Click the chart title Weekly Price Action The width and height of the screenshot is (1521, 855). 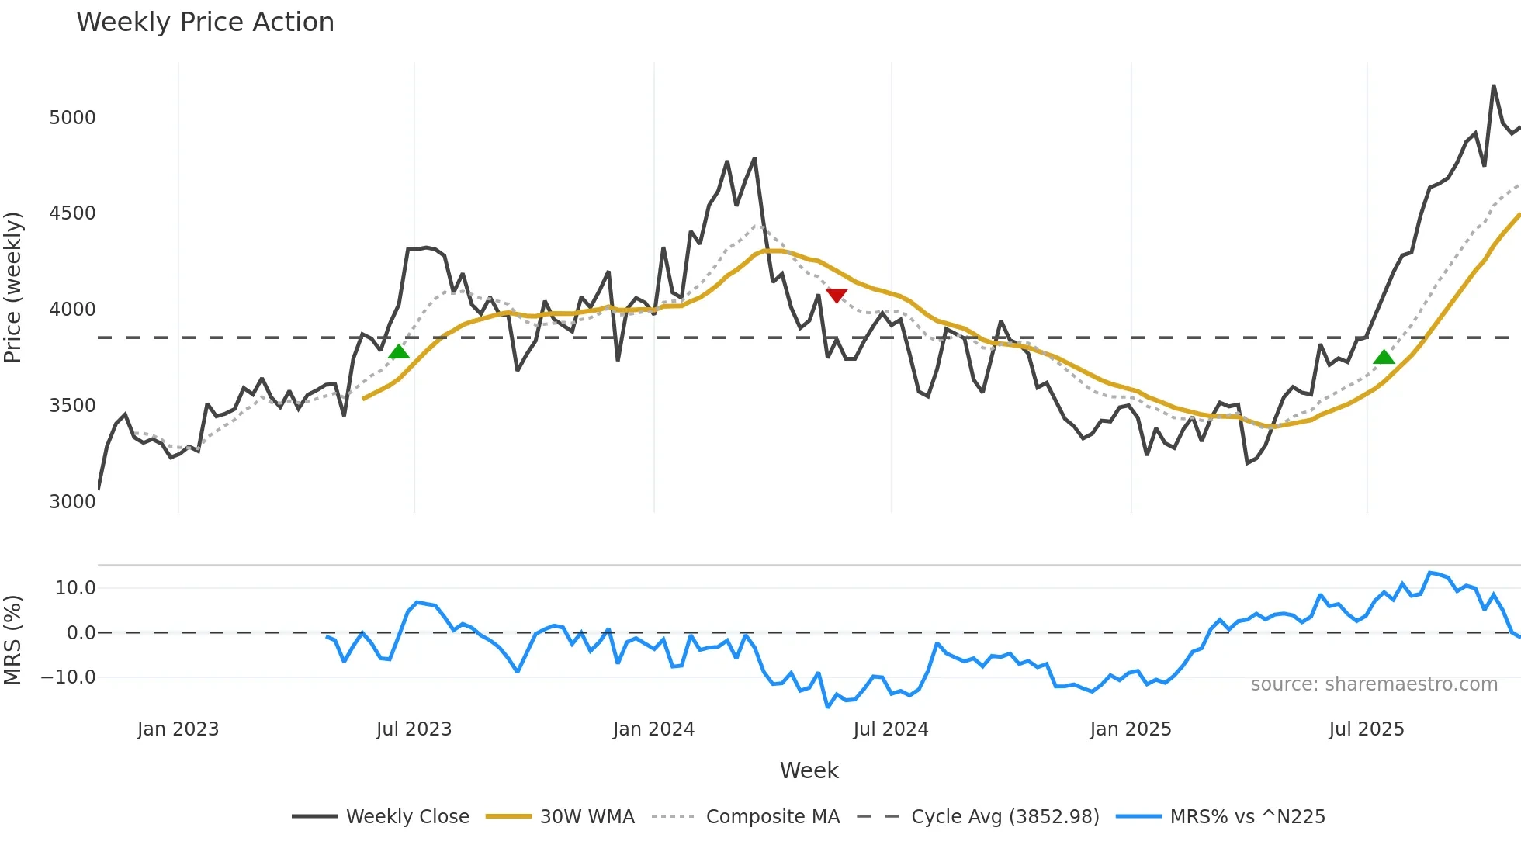205,22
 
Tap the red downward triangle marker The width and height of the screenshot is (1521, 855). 836,295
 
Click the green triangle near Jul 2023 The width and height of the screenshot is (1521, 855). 398,352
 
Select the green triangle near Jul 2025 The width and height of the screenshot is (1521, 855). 1384,358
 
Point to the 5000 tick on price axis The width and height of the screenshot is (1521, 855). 72,118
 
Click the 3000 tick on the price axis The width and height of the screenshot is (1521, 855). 72,502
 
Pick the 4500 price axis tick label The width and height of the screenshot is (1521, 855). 72,213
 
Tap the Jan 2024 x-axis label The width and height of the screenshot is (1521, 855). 653,729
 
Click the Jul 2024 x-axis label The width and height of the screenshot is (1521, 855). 890,729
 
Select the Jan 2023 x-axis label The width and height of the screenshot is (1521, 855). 178,729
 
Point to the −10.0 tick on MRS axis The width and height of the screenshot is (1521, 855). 68,677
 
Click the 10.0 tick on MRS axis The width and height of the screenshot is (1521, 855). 75,588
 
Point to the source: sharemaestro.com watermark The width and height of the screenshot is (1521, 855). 1374,684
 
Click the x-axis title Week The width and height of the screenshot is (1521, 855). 809,770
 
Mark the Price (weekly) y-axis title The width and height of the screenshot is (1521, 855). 12,287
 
